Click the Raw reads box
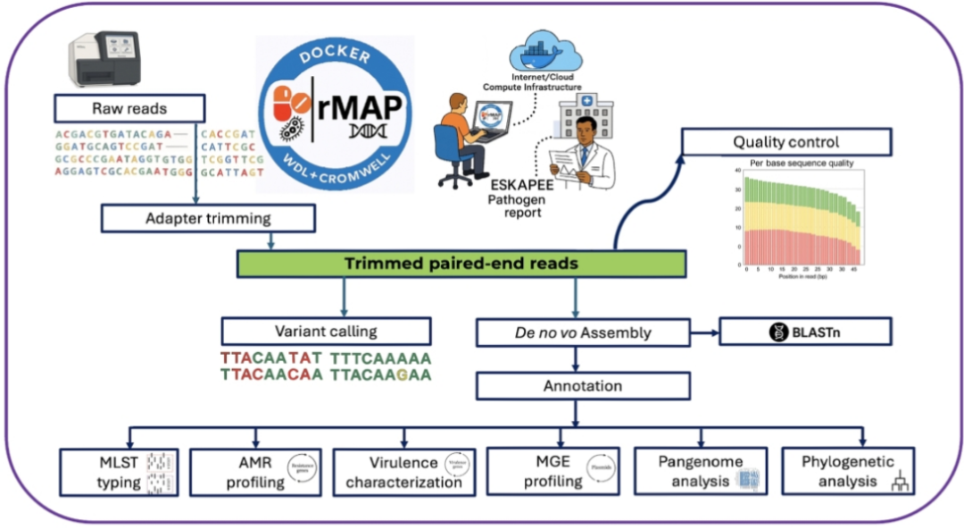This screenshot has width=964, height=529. [129, 109]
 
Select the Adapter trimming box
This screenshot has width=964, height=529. [209, 217]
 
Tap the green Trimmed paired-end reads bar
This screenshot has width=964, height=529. [461, 264]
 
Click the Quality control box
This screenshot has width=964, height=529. [785, 142]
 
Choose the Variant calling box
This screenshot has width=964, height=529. [326, 332]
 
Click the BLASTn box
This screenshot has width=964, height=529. [805, 332]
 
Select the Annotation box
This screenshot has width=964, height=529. [582, 385]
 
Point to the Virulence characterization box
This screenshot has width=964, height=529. [404, 471]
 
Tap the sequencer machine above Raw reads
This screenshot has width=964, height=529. [106, 59]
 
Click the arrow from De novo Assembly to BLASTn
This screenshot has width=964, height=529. [704, 332]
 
